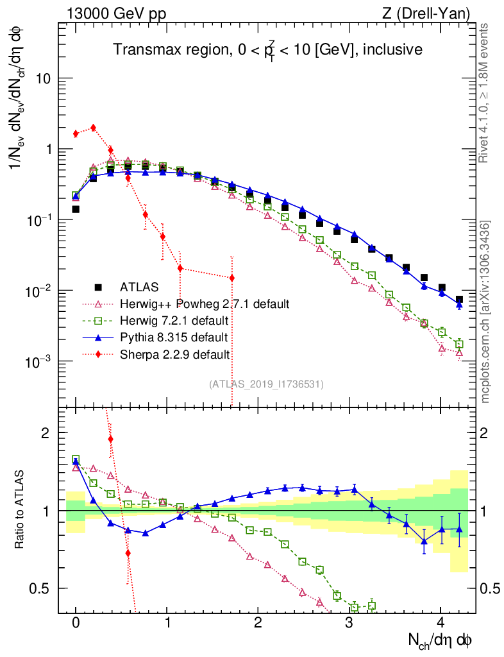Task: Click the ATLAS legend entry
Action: (x=139, y=287)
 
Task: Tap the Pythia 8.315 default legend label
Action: (x=173, y=337)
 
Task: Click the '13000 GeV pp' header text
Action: (x=115, y=13)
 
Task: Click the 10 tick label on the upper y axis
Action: (x=45, y=78)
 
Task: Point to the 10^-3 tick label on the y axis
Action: (x=39, y=362)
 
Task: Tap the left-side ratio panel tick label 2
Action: (x=46, y=433)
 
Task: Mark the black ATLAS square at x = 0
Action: (x=76, y=209)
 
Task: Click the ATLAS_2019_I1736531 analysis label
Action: (x=266, y=384)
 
